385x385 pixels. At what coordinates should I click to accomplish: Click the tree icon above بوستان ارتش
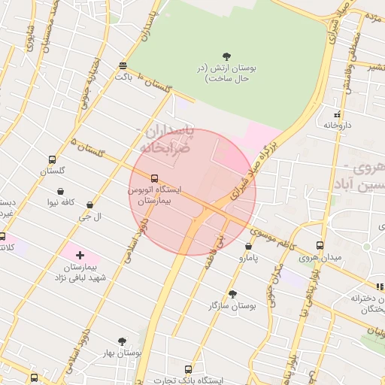(x=227, y=56)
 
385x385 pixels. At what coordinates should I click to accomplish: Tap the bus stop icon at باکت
(x=123, y=65)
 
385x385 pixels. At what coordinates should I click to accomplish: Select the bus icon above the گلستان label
(x=52, y=160)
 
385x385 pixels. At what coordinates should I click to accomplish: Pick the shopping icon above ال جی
(x=90, y=205)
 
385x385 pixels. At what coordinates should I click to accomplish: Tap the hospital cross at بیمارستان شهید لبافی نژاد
(x=80, y=256)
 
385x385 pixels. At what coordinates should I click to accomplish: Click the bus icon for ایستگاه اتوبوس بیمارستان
(x=154, y=179)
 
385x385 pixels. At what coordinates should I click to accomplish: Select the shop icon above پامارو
(x=248, y=246)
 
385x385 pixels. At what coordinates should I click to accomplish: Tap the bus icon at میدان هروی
(x=320, y=246)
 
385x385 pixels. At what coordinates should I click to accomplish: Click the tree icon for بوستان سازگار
(x=232, y=294)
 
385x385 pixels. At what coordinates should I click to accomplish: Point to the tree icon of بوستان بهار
(x=123, y=341)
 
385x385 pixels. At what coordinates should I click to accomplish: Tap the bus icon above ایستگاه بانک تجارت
(x=188, y=369)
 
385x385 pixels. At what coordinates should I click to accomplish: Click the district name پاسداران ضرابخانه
(x=167, y=140)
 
